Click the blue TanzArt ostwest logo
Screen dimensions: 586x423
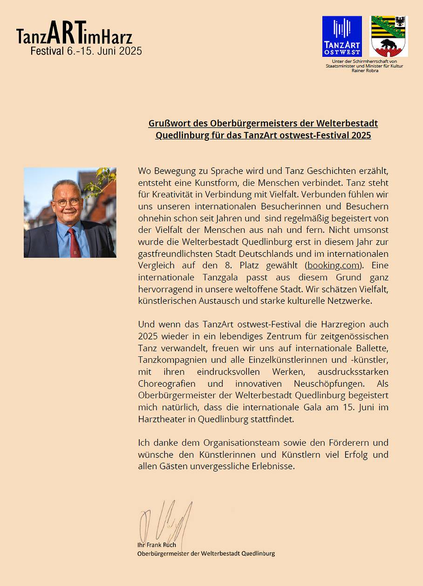[x=342, y=36]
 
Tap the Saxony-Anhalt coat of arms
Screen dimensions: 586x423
[x=389, y=36]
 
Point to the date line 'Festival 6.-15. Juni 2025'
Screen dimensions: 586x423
[x=86, y=51]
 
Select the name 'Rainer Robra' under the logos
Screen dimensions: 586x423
[x=364, y=70]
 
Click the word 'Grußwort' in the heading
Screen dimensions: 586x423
[x=169, y=123]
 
